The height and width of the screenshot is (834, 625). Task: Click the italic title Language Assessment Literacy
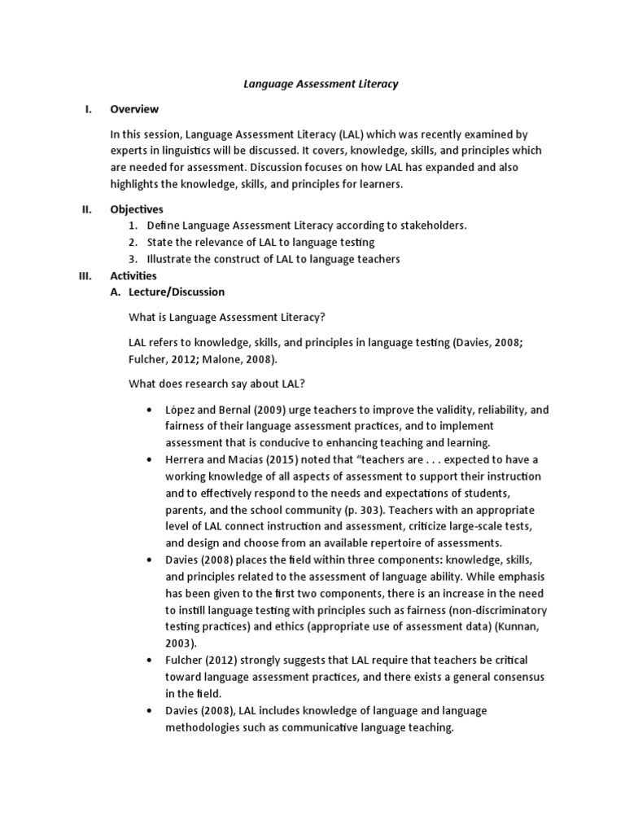[321, 84]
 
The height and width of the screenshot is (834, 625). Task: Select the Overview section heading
[134, 109]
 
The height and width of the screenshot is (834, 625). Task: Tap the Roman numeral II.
[87, 209]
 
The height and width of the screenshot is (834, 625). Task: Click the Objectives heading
[137, 209]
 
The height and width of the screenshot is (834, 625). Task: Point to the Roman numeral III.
[85, 276]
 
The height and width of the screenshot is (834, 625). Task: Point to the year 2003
[182, 643]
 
